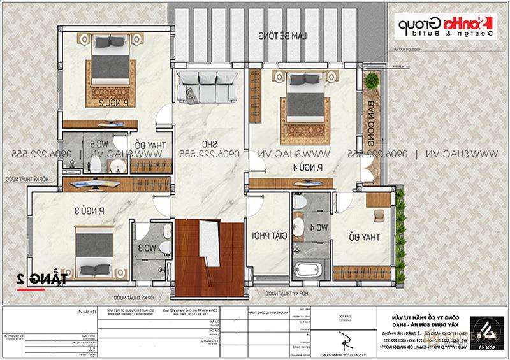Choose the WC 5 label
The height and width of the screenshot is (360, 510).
coord(96,144)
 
